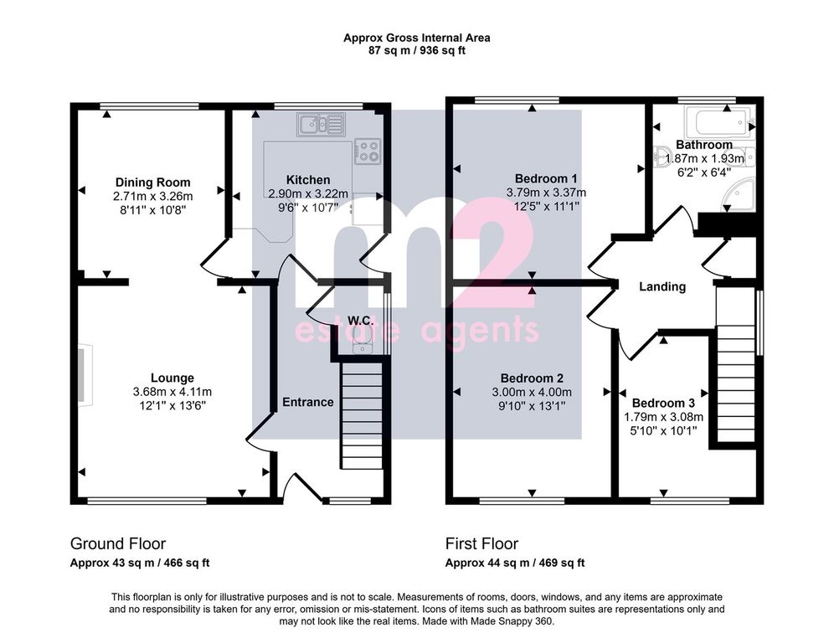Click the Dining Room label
pos(152,183)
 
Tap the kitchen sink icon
pos(322,125)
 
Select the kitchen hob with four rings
pos(367,150)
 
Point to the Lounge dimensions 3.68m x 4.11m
pos(172,392)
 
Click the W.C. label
pos(361,321)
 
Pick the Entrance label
pos(308,402)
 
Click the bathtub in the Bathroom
pos(718,121)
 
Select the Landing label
pos(662,286)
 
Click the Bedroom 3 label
pos(663,404)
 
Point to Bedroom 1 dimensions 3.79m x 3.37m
pos(546,192)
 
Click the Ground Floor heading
pos(118,543)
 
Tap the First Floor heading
pos(481,543)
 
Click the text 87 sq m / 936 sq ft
pos(416,51)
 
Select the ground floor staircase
pos(362,415)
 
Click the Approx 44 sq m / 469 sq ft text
pos(515,563)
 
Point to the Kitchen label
pos(308,180)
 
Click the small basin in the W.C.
pos(363,347)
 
